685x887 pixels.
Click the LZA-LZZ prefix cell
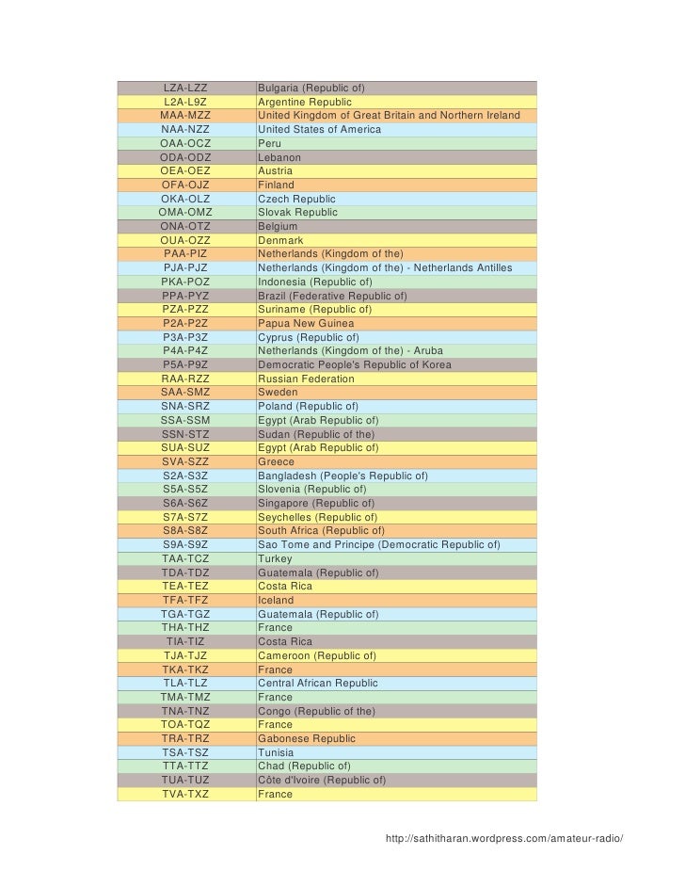(185, 89)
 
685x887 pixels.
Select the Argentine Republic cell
(305, 102)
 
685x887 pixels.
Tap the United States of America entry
(319, 129)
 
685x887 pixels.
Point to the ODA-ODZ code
(185, 157)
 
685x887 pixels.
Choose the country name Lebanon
(279, 157)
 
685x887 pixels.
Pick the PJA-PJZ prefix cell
(185, 268)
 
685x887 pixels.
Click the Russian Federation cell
(306, 379)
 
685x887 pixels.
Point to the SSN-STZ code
(185, 434)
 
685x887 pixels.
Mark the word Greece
(276, 462)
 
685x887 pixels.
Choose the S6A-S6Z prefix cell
(185, 504)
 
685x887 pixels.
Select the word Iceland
(276, 601)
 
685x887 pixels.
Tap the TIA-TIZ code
(185, 642)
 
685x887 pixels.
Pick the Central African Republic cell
(317, 684)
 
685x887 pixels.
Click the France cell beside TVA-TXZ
(275, 795)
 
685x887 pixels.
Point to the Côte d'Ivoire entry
(322, 781)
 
